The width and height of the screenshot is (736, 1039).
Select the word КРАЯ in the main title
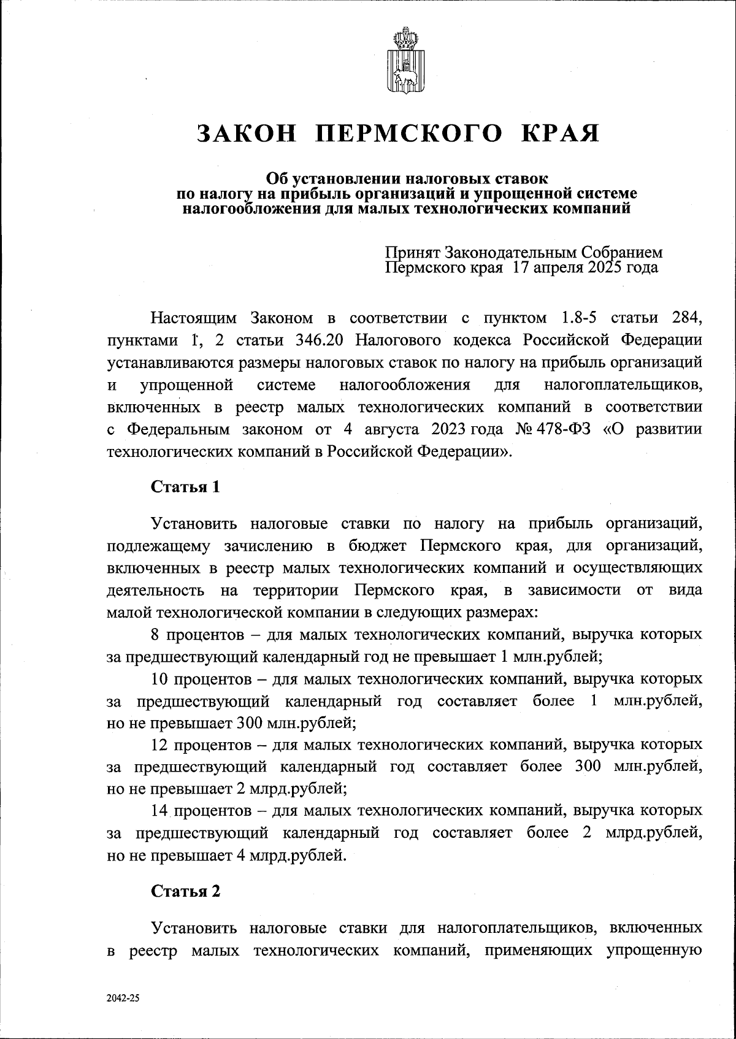559,133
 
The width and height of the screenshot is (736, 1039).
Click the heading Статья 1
185,487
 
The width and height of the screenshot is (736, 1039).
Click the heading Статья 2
185,891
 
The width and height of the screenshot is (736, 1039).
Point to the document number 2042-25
123,998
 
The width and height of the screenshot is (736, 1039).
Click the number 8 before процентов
156,634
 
